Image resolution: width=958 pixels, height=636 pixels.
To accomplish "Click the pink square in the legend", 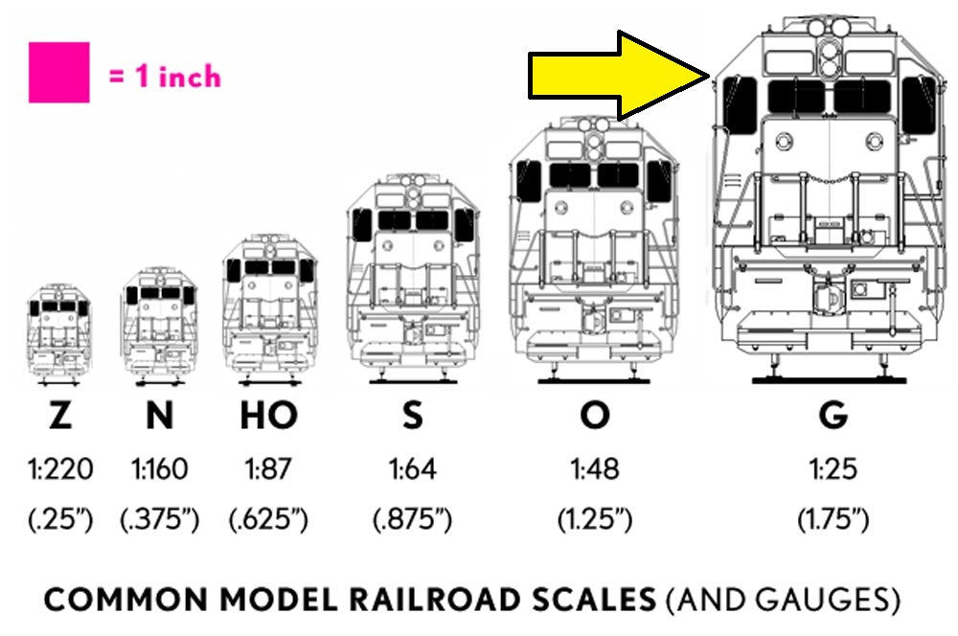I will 58,72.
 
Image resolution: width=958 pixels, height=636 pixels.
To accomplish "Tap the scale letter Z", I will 60,416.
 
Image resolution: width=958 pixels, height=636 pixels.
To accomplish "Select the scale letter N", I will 159,416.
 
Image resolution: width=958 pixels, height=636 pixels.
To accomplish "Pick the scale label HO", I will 268,416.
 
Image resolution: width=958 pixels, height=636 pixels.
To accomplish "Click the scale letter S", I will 412,416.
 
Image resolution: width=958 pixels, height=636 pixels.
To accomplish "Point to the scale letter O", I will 595,416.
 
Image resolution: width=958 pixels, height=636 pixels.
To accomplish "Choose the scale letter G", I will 833,416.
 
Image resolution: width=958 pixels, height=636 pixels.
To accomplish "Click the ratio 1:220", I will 60,469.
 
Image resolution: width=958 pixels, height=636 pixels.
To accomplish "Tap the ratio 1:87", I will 268,469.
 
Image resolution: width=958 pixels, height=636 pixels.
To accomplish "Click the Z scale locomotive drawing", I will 59,330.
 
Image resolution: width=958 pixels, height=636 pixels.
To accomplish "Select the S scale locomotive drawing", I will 412,278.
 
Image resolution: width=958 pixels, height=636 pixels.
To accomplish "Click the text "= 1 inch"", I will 164,77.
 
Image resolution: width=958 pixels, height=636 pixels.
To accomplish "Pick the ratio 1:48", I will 595,469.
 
